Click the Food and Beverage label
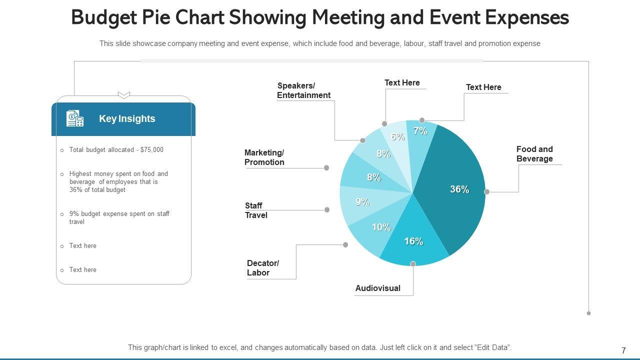click(x=534, y=154)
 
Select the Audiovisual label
click(x=377, y=288)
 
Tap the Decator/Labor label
click(x=263, y=268)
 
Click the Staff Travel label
click(x=256, y=210)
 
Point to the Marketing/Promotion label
click(x=264, y=157)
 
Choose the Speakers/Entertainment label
click(x=303, y=90)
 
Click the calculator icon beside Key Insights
click(x=75, y=118)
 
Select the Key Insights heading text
click(x=127, y=118)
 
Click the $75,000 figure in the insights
click(x=152, y=149)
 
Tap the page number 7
click(x=623, y=350)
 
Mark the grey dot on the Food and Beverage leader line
click(x=487, y=191)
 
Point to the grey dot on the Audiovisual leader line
click(x=413, y=263)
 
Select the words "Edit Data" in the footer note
click(x=494, y=347)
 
